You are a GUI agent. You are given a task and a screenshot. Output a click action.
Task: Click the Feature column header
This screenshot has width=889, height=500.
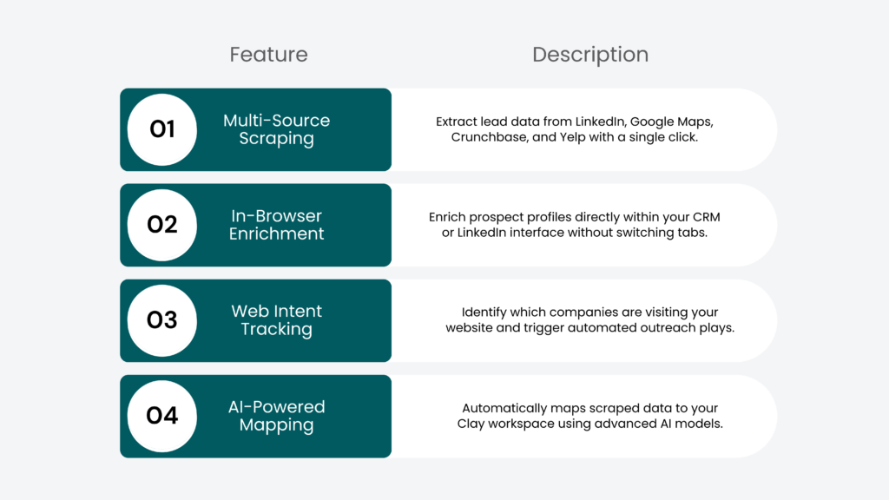[268, 55]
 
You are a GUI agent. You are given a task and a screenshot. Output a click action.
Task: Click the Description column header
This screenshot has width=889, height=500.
[590, 55]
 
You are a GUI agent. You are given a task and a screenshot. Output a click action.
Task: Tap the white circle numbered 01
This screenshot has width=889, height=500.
[162, 129]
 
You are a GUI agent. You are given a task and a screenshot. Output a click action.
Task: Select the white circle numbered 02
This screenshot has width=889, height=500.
[162, 225]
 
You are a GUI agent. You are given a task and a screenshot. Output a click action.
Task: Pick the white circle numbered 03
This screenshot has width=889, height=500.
[162, 320]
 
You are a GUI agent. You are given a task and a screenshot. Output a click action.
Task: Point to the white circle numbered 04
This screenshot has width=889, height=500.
[162, 416]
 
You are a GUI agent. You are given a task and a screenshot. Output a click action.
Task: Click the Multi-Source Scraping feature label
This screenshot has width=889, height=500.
[276, 129]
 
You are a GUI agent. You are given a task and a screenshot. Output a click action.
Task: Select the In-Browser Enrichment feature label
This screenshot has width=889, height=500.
[276, 225]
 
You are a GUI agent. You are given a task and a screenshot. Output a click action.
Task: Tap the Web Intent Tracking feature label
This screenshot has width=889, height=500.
[276, 320]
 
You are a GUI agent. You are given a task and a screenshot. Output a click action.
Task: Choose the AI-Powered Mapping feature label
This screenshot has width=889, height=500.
[276, 416]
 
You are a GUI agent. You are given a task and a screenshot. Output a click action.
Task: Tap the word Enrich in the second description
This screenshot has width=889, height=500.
[449, 217]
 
